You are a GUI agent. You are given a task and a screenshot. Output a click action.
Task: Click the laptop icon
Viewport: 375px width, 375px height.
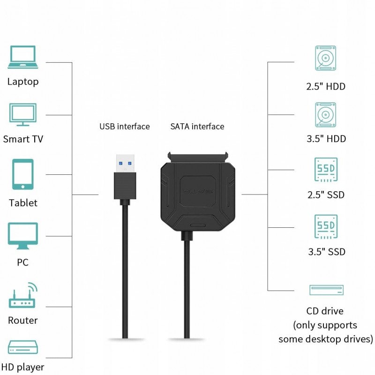point(22,57)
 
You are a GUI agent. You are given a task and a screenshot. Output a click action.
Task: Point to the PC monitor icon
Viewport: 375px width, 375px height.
point(22,237)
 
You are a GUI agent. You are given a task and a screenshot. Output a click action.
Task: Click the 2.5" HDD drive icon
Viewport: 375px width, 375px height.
point(326,60)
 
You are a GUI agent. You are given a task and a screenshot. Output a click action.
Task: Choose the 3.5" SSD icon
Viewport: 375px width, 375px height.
point(326,227)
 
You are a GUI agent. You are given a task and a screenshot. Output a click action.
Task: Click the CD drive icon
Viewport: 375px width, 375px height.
point(326,290)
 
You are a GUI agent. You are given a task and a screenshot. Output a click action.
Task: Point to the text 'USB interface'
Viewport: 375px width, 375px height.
point(124,127)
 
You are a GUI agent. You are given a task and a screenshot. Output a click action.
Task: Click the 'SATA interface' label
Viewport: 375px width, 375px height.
point(197,127)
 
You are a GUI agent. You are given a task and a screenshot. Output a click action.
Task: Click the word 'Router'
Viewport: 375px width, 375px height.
point(22,321)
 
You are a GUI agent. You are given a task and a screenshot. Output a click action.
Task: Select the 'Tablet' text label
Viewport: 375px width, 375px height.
point(22,203)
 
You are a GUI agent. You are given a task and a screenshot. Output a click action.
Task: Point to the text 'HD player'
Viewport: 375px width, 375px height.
point(22,367)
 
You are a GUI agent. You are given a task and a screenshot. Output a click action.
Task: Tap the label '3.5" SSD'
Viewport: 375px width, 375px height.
point(327,252)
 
